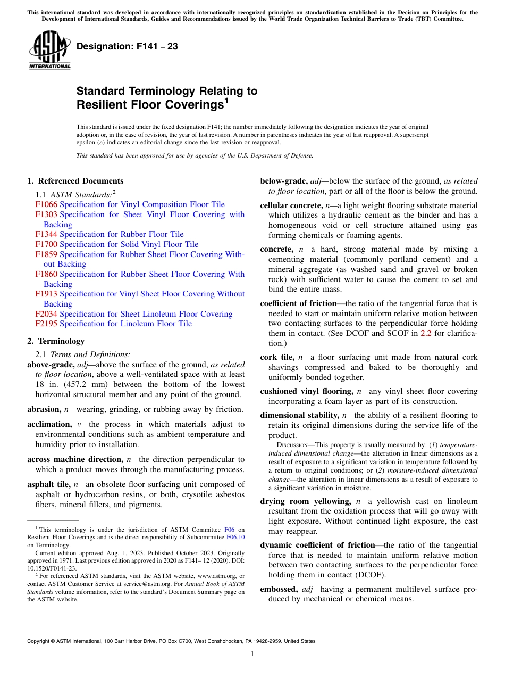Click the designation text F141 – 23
point(127,47)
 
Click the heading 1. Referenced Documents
point(75,181)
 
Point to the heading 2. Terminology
point(56,341)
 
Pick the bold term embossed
point(279,589)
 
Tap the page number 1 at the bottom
point(252,654)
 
